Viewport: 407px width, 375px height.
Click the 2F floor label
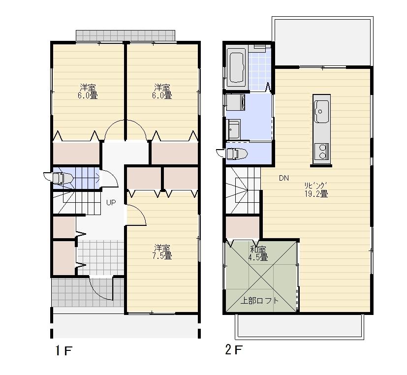pyautogui.click(x=234, y=350)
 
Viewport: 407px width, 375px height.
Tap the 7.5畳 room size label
pyautogui.click(x=162, y=256)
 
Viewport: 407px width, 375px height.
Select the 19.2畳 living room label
pyautogui.click(x=316, y=193)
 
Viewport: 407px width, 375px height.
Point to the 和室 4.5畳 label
pyautogui.click(x=258, y=253)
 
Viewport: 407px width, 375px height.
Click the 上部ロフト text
pyautogui.click(x=259, y=301)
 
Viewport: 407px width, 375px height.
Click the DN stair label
pyautogui.click(x=284, y=179)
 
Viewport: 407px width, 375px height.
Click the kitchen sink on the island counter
pyautogui.click(x=322, y=110)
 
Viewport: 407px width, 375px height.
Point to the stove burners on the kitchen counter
pyautogui.click(x=322, y=151)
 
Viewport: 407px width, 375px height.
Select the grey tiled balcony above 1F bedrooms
pyautogui.click(x=125, y=36)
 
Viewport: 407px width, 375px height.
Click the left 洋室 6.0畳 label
pyautogui.click(x=88, y=92)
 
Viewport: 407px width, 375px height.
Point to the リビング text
pyautogui.click(x=316, y=186)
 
